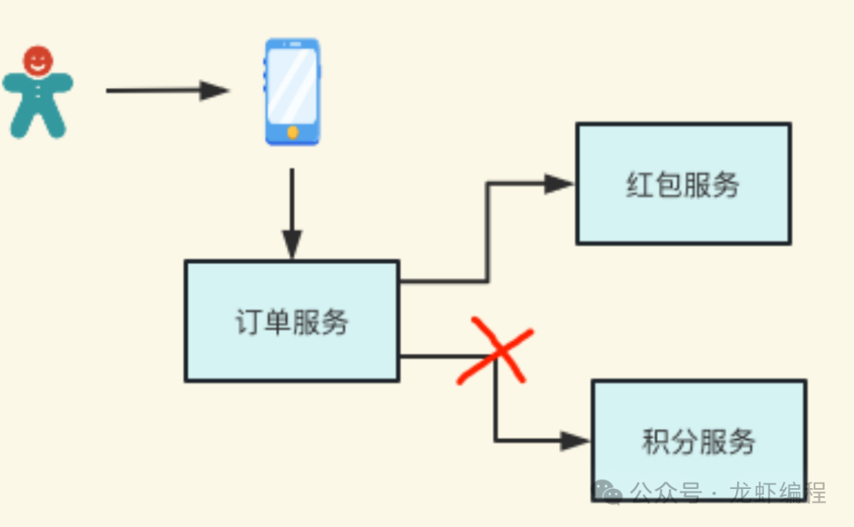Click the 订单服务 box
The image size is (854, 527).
coord(292,321)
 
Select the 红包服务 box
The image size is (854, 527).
coord(683,184)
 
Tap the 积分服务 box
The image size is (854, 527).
coord(699,440)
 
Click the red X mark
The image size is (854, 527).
coord(495,351)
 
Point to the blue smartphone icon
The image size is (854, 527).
coord(293,92)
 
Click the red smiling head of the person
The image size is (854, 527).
coord(37,60)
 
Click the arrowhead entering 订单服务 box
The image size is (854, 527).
coord(293,245)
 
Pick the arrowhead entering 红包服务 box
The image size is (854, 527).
coord(560,184)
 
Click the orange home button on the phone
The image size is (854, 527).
coord(293,133)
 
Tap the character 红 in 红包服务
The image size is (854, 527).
coord(640,184)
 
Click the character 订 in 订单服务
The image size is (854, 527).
coord(249,322)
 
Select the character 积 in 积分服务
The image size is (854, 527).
coord(656,441)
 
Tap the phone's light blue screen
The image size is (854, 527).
coord(293,85)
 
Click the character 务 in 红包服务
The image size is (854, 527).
coord(726,184)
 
